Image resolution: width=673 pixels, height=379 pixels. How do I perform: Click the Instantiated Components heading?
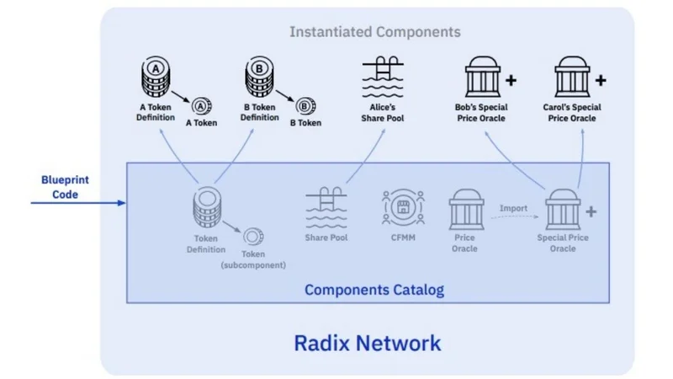click(375, 32)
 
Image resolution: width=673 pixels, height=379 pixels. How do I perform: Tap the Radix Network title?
click(367, 343)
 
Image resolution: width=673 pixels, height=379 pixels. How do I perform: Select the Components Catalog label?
click(374, 290)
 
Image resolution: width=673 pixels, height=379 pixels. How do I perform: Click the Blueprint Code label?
click(60, 187)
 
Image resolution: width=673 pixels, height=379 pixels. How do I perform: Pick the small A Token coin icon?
click(200, 106)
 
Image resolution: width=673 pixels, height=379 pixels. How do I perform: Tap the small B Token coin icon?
click(305, 106)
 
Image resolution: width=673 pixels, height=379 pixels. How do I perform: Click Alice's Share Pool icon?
click(382, 79)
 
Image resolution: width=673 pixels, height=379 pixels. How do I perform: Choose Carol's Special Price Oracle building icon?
click(572, 79)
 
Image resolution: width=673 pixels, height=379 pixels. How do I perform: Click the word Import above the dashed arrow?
click(513, 207)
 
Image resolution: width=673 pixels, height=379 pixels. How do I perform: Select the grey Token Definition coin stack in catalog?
click(206, 209)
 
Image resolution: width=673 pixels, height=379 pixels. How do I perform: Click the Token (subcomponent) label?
click(253, 259)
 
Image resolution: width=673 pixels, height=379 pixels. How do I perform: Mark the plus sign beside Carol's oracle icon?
click(601, 81)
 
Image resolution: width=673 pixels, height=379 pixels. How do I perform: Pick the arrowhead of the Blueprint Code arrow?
click(123, 203)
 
